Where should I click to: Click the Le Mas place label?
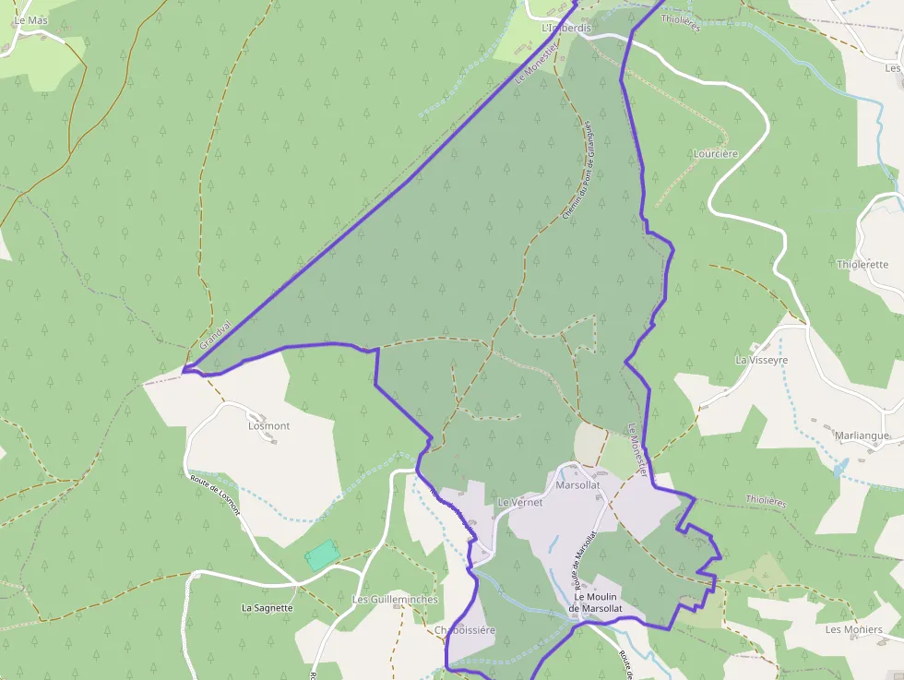pos(30,19)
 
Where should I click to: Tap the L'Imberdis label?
pos(565,29)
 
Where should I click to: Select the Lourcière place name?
pos(716,153)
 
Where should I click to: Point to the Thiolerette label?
pos(862,264)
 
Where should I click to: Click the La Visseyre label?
pos(761,359)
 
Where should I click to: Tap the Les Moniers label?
pos(853,629)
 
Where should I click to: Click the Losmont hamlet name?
pos(269,426)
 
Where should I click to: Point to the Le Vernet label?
pos(519,502)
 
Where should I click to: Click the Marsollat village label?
pos(578,483)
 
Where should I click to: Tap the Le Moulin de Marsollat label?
pos(595,602)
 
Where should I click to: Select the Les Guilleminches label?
pos(395,599)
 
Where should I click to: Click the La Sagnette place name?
pos(267,608)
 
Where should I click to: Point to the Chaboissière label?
pos(464,630)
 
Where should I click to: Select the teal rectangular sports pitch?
pos(322,555)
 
